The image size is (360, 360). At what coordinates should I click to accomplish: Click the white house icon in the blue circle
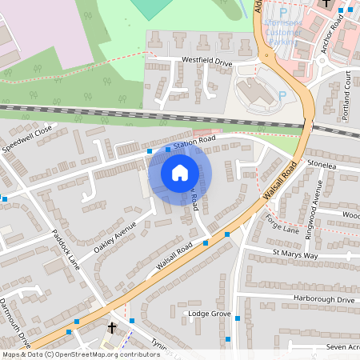(180, 172)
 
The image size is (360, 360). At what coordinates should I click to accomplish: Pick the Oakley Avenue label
(115, 238)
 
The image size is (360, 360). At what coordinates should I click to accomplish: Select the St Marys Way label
(294, 255)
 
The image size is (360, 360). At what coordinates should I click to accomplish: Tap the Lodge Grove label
(208, 314)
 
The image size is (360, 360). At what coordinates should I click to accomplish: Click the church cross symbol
(112, 328)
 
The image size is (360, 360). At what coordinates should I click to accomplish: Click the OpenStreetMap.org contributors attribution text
(107, 354)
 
